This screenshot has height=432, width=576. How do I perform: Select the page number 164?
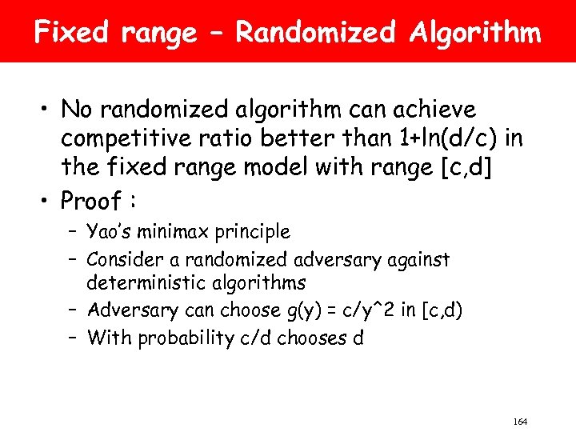point(518,422)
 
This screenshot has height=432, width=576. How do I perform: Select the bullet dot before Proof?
point(46,198)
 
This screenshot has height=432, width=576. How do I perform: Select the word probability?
point(187,338)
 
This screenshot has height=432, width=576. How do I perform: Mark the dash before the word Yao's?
point(72,232)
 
